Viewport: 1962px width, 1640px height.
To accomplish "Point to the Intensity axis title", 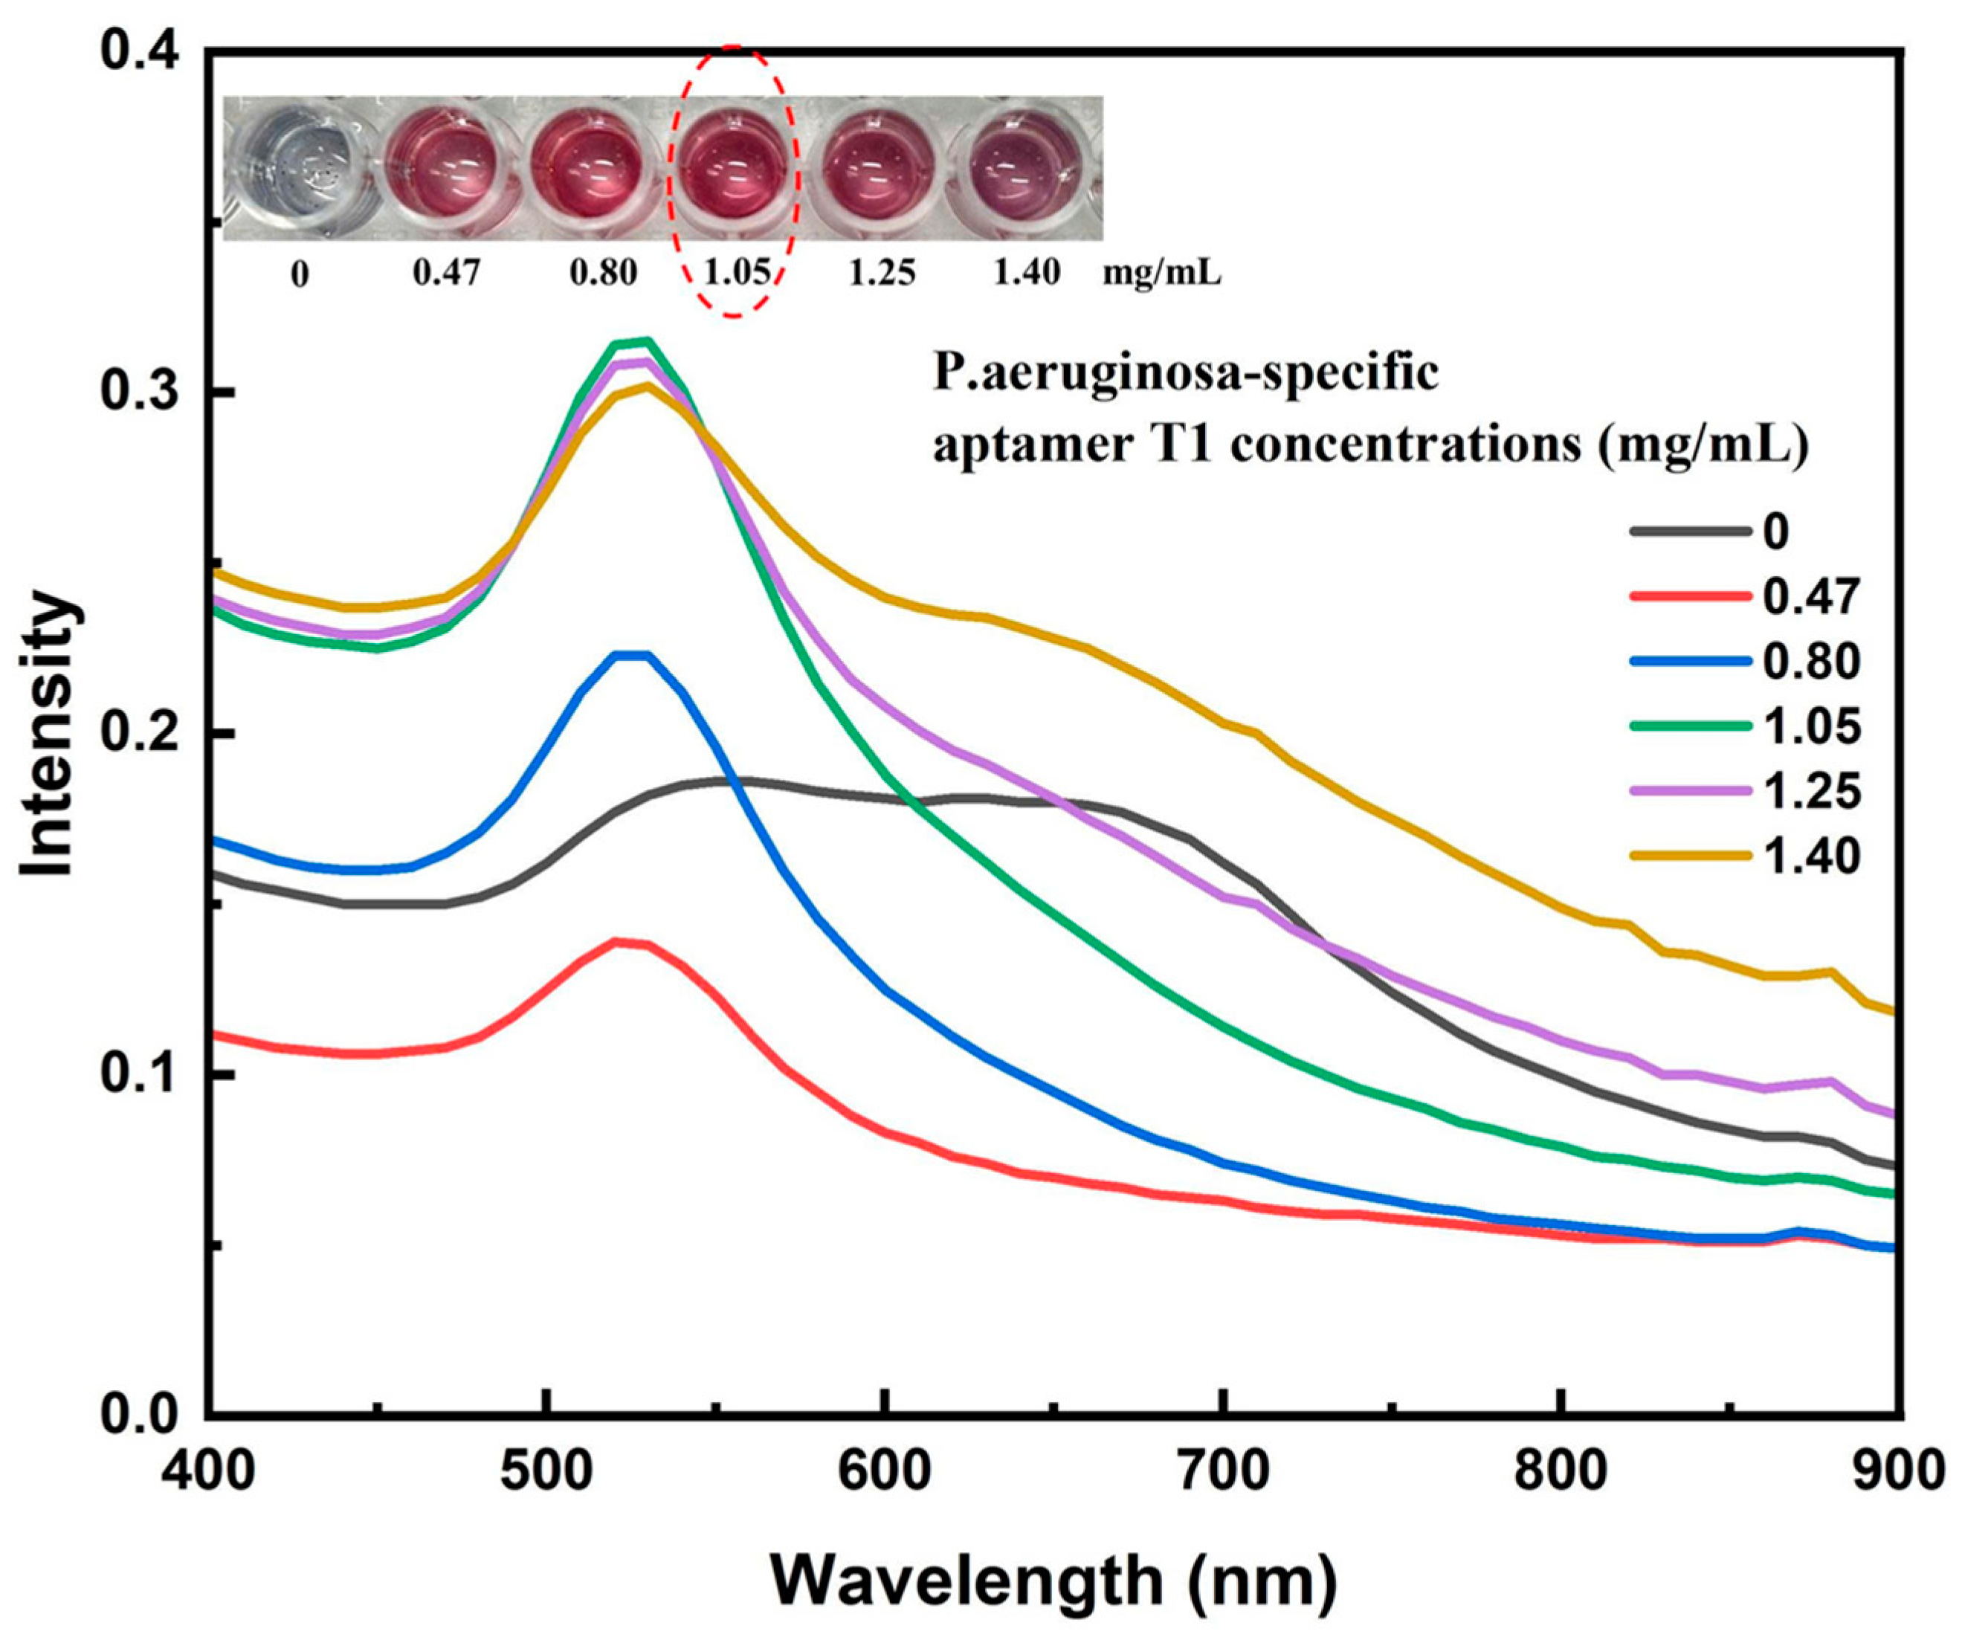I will tap(48, 737).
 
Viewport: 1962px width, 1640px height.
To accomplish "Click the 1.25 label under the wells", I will tap(882, 273).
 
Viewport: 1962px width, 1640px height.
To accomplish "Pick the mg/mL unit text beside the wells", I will tap(1161, 273).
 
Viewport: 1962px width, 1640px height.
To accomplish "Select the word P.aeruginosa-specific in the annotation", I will tap(1184, 374).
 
